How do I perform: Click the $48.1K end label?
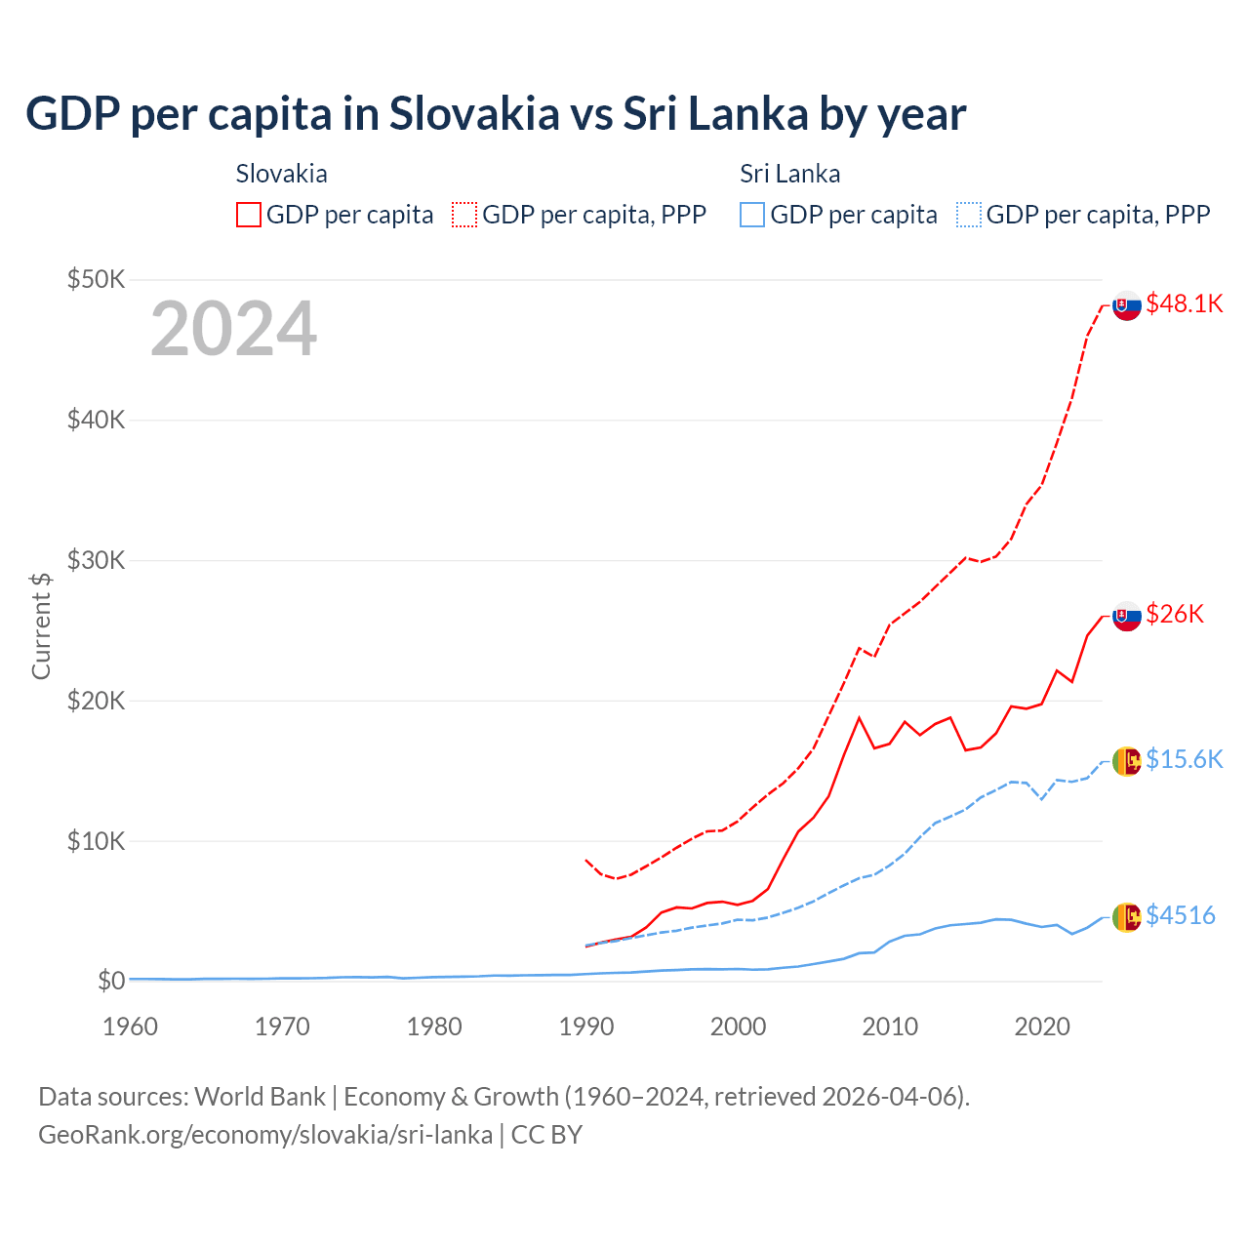tap(1184, 303)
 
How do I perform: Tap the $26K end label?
tap(1175, 614)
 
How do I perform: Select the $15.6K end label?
tap(1184, 759)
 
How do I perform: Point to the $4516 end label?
tap(1180, 915)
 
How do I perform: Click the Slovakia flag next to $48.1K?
tap(1127, 305)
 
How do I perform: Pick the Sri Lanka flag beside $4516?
tap(1127, 916)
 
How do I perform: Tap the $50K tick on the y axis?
tap(96, 280)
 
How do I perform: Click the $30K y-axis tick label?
tap(96, 560)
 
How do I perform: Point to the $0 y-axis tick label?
tap(111, 981)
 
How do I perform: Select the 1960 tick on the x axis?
tap(130, 1027)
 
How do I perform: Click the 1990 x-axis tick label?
tap(586, 1027)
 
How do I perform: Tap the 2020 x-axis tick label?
tap(1042, 1027)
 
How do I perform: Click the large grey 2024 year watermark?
tap(233, 329)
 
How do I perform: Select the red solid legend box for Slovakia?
tap(249, 215)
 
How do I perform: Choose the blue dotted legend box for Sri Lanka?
tap(969, 215)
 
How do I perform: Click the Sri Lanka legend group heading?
tap(789, 174)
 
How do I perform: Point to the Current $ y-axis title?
tap(41, 625)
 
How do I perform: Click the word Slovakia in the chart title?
tap(474, 113)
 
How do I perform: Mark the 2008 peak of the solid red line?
tap(859, 718)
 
